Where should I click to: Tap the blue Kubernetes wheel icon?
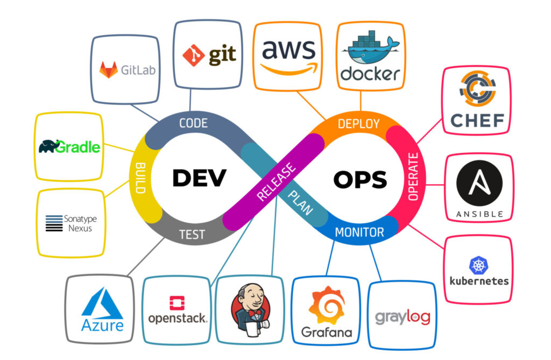click(478, 265)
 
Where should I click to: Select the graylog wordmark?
click(402, 317)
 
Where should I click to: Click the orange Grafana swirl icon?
click(326, 306)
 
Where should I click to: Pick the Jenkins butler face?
click(249, 301)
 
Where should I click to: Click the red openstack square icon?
click(176, 303)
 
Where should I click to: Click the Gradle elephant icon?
click(50, 146)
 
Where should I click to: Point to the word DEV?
click(199, 178)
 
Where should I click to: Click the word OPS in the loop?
click(359, 179)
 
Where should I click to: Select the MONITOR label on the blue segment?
click(359, 232)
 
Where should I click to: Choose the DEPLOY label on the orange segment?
click(358, 124)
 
